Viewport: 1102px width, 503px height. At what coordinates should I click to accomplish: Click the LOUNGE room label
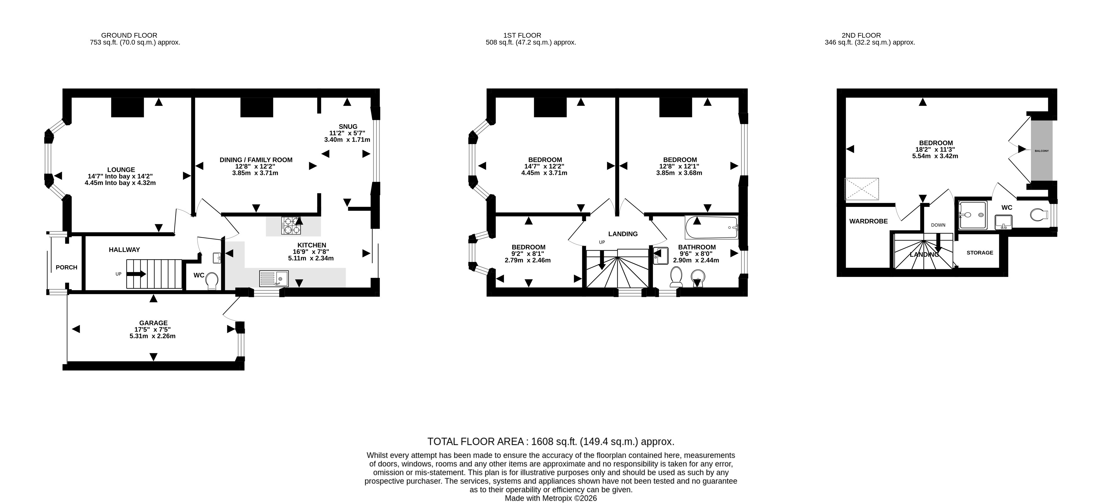pyautogui.click(x=121, y=170)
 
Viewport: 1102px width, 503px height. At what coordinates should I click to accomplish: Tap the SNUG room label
pyautogui.click(x=348, y=127)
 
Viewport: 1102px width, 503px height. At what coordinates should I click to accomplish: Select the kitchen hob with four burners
pyautogui.click(x=291, y=226)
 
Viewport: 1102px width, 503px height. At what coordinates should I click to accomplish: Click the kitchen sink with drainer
pyautogui.click(x=274, y=279)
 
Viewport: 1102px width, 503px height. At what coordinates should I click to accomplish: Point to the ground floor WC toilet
pyautogui.click(x=212, y=281)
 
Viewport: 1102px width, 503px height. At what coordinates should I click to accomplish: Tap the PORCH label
pyautogui.click(x=66, y=268)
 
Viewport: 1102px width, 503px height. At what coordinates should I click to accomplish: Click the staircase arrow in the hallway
pyautogui.click(x=136, y=274)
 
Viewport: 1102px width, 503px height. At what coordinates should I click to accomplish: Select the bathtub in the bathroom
pyautogui.click(x=711, y=227)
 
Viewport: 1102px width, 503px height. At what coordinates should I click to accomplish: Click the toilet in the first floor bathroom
pyautogui.click(x=676, y=277)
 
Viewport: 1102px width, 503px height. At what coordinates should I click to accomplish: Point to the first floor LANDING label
pyautogui.click(x=623, y=234)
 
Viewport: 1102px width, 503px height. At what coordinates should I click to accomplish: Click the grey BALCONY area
pyautogui.click(x=1042, y=151)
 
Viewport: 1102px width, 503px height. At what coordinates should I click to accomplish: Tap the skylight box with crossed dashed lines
pyautogui.click(x=862, y=189)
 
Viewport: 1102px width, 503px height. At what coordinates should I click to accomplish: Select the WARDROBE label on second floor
pyautogui.click(x=869, y=221)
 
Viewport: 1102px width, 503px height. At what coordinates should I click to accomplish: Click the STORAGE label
pyautogui.click(x=980, y=252)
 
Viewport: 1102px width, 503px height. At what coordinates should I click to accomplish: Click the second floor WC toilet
pyautogui.click(x=1037, y=214)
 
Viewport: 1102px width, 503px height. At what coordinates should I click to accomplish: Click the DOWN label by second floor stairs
pyautogui.click(x=939, y=225)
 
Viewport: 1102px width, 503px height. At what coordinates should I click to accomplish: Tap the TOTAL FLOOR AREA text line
pyautogui.click(x=551, y=441)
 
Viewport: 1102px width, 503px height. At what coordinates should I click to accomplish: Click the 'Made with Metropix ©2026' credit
pyautogui.click(x=551, y=498)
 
